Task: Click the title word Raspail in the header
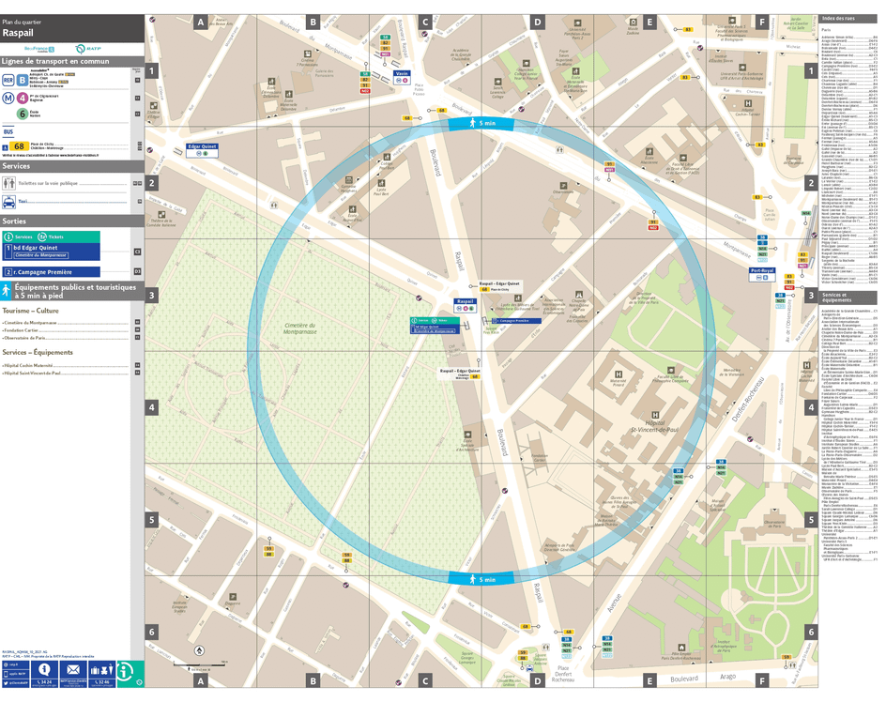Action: [20, 33]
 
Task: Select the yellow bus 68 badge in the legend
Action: [18, 146]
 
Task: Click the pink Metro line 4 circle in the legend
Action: [23, 97]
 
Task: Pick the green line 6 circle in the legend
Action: [23, 113]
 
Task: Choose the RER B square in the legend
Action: [23, 80]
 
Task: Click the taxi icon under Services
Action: [8, 201]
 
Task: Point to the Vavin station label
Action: [401, 72]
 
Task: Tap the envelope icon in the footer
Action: [72, 670]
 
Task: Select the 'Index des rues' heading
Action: [838, 19]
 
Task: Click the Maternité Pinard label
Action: [618, 382]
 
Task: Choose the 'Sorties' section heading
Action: [15, 221]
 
